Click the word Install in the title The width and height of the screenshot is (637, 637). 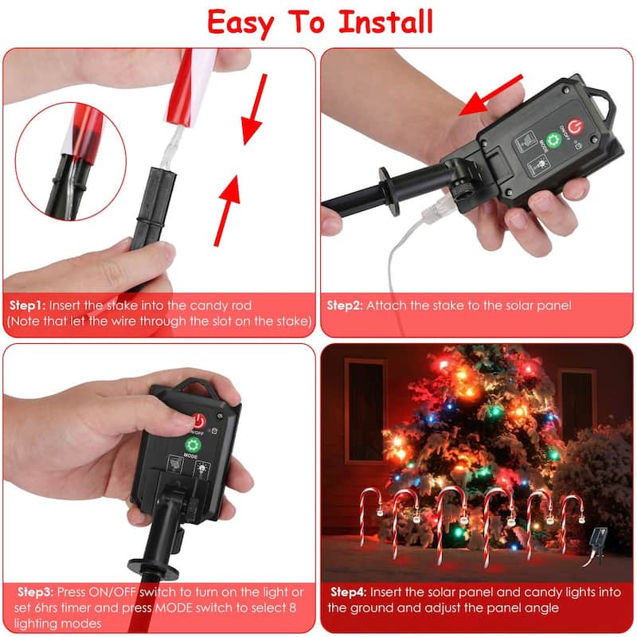coord(386,21)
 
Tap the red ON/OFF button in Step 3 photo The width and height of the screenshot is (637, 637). coord(195,420)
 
